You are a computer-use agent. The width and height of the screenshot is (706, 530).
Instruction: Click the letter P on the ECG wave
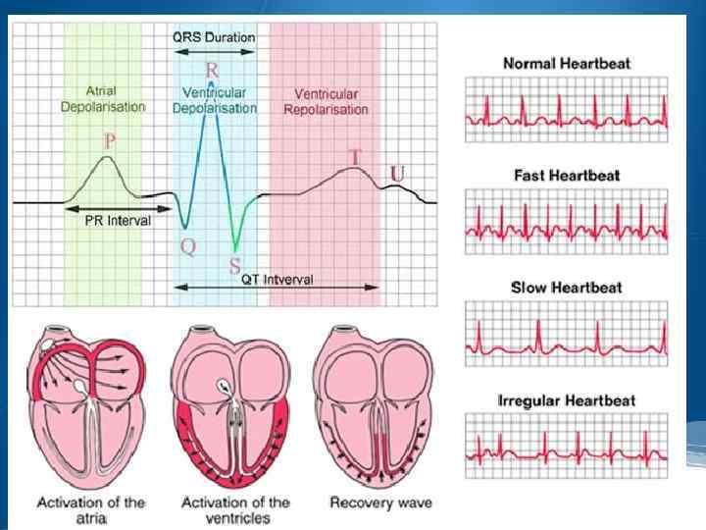[x=110, y=142]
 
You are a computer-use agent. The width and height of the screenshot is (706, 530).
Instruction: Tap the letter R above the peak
[x=212, y=71]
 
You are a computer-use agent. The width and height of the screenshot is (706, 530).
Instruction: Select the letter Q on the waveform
[x=187, y=247]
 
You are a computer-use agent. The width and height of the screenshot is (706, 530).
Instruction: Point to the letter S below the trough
[x=234, y=264]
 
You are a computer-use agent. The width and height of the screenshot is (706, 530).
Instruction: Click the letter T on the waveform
[x=355, y=157]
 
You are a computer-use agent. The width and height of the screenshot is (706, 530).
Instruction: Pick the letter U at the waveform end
[x=398, y=174]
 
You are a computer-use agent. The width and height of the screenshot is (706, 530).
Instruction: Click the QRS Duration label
[x=213, y=37]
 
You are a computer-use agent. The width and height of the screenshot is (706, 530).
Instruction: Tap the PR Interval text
[x=116, y=222]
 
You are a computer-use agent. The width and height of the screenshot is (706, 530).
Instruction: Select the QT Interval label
[x=277, y=279]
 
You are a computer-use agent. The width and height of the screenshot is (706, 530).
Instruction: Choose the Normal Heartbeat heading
[x=567, y=64]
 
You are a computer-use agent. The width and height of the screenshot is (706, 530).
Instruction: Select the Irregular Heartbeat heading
[x=567, y=401]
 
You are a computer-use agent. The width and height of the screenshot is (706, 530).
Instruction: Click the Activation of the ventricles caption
[x=235, y=510]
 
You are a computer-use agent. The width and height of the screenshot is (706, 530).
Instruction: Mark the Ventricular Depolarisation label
[x=214, y=101]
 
